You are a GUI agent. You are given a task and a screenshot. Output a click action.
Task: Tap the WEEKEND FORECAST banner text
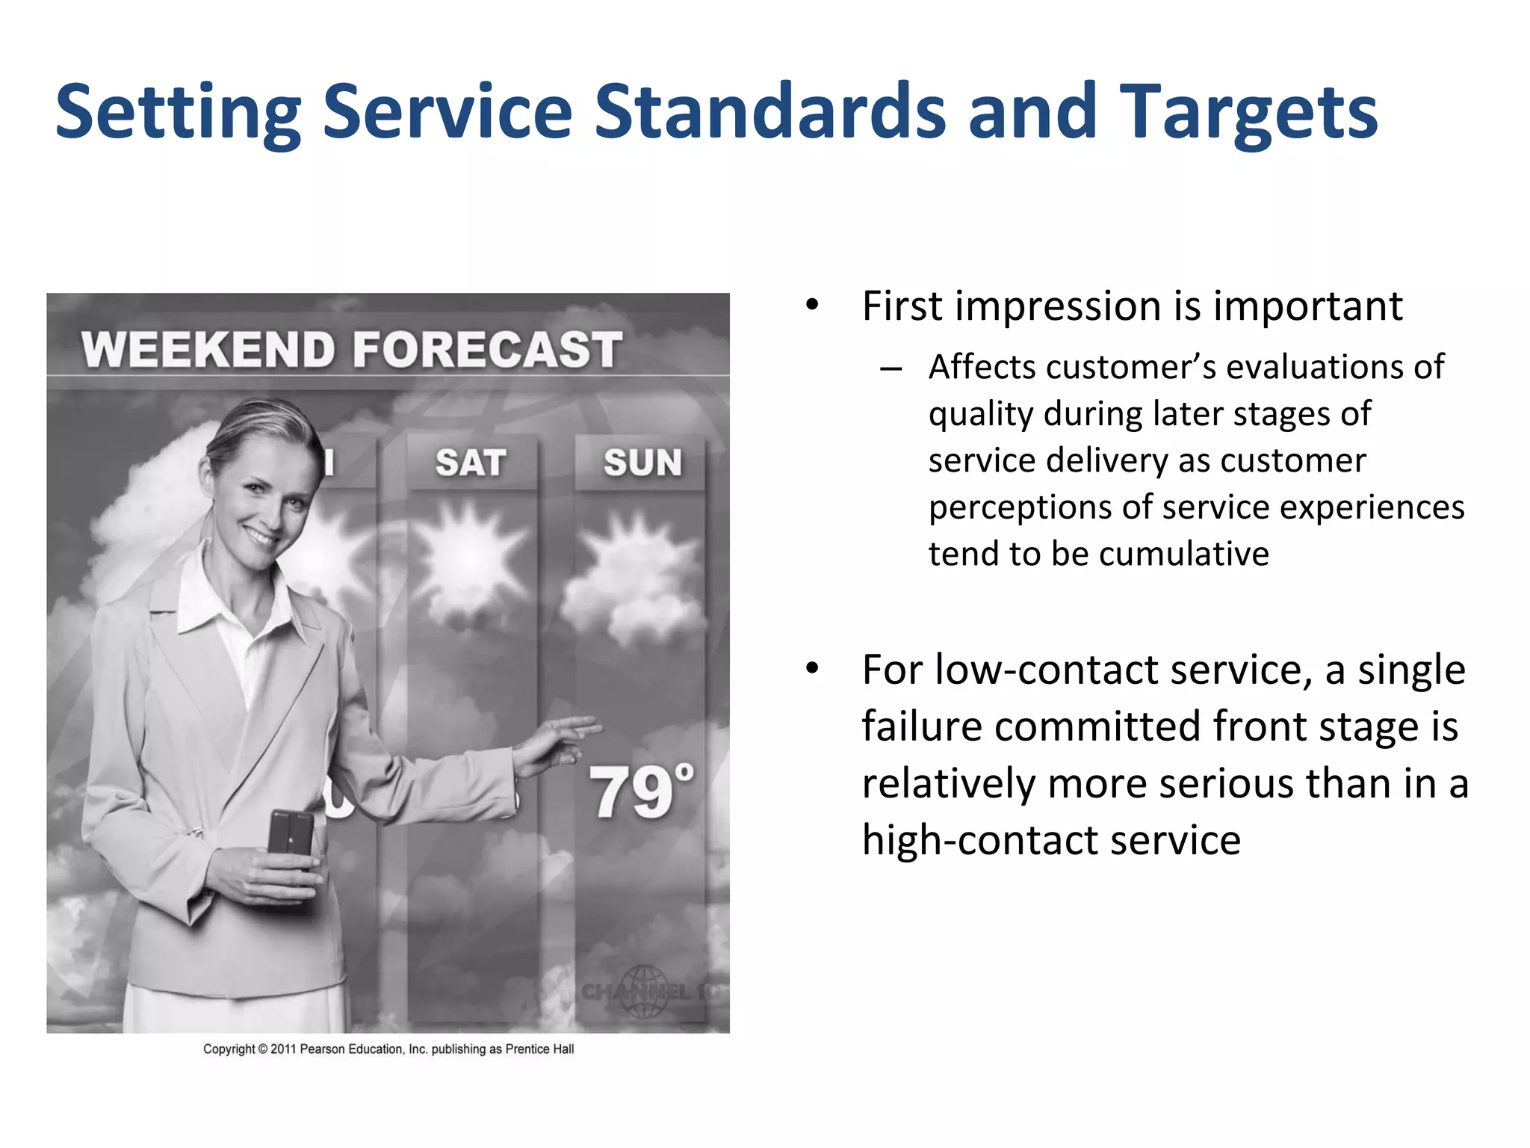pyautogui.click(x=351, y=350)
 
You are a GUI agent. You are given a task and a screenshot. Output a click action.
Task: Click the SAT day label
pyautogui.click(x=471, y=463)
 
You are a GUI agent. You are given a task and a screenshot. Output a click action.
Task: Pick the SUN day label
pyautogui.click(x=642, y=463)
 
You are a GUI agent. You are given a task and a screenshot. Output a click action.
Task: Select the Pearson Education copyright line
pyautogui.click(x=388, y=1049)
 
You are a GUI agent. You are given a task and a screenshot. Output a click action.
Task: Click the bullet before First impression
pyautogui.click(x=812, y=306)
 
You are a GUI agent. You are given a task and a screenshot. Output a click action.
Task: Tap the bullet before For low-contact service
pyautogui.click(x=812, y=669)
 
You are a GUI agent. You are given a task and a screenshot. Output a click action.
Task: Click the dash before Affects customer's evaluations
pyautogui.click(x=891, y=368)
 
